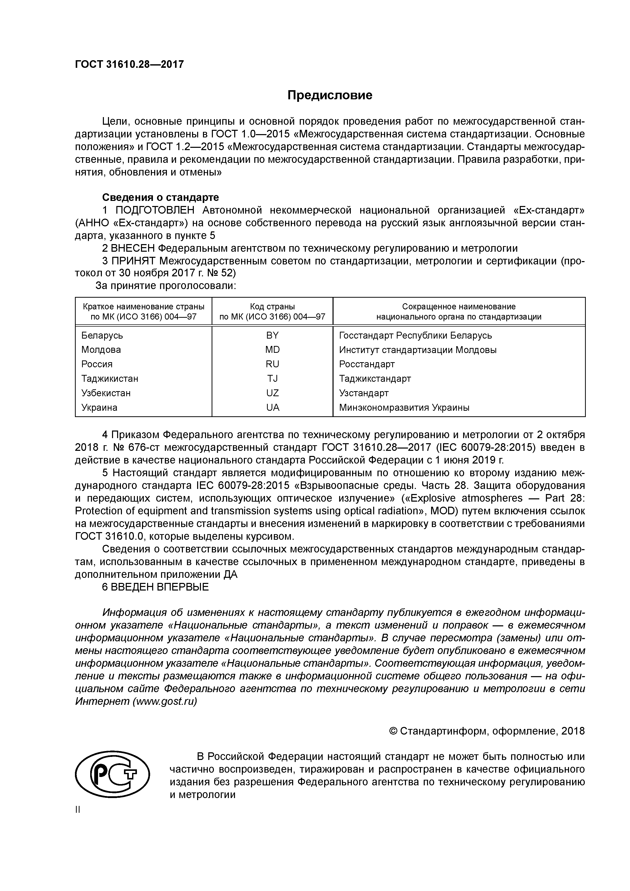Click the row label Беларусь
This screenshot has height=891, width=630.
[x=102, y=335]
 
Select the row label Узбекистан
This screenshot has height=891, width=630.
[x=106, y=393]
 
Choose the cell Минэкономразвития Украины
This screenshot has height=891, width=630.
[x=404, y=407]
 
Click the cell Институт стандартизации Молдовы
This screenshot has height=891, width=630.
[x=418, y=350]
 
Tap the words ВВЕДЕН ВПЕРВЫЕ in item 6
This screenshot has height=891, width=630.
[x=160, y=587]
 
